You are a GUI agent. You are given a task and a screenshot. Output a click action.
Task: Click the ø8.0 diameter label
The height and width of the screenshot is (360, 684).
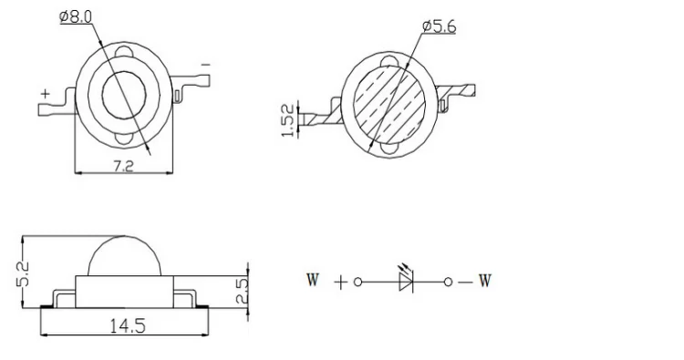pos(76,17)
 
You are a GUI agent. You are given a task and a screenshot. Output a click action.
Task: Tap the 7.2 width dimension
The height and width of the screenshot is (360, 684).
pos(123,166)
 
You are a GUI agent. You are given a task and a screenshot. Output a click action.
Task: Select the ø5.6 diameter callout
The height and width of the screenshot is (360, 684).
pos(440,26)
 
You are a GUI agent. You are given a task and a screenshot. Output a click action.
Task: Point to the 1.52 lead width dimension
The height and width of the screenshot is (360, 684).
pos(288,120)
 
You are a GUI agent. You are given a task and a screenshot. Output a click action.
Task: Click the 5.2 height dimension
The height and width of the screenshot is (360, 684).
pos(23,273)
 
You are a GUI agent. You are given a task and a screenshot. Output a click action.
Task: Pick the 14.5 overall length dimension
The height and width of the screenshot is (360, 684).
pos(128,325)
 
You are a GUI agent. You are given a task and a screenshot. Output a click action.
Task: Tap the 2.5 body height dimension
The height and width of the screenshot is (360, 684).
pos(242,291)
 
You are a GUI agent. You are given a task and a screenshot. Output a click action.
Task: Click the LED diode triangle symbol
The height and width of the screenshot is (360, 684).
pos(406,283)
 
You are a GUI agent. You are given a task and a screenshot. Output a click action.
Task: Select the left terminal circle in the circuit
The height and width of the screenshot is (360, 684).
pos(358,283)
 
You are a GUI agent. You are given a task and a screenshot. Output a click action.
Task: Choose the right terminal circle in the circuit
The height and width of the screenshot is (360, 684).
pos(448,283)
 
